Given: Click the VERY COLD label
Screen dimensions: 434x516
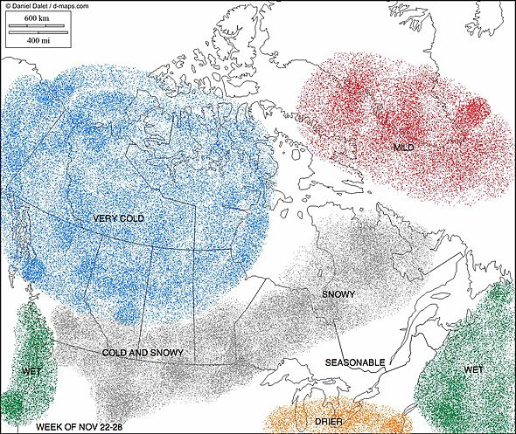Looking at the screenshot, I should coord(117,217).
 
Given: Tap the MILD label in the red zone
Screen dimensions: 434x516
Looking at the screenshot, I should coord(403,148).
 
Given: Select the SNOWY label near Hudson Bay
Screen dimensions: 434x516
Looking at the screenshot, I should coord(338,294).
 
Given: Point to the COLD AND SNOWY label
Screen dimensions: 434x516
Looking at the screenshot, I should coord(143,353).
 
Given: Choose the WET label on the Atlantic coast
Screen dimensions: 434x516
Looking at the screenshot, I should coord(473,369).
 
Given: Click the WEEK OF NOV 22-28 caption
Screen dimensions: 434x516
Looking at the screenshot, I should coord(81,427).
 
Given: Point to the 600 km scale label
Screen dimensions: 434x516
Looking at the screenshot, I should coord(37,17).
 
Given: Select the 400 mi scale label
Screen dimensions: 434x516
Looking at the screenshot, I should coord(37,40).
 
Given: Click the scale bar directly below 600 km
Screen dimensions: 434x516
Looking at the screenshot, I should coord(37,26).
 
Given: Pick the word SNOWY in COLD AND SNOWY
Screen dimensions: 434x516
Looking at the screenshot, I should coord(165,353).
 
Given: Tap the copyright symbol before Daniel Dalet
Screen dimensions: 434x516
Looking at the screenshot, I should coord(8,5).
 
